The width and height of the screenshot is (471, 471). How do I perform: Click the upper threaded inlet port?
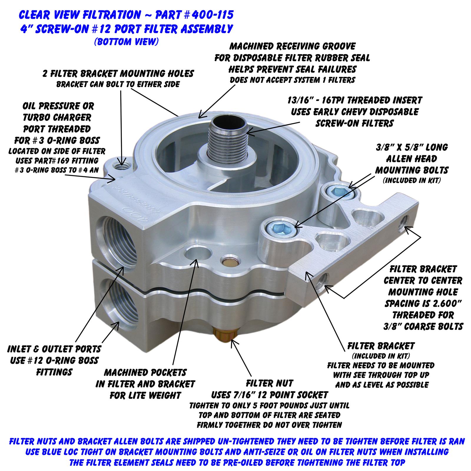[x=118, y=235]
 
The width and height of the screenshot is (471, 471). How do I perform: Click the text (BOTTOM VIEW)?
[x=127, y=42]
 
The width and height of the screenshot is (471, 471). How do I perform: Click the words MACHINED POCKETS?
[x=145, y=372]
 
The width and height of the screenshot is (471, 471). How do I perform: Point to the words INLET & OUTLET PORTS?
[x=54, y=349]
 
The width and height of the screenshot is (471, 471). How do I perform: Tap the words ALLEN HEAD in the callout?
[x=415, y=159]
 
